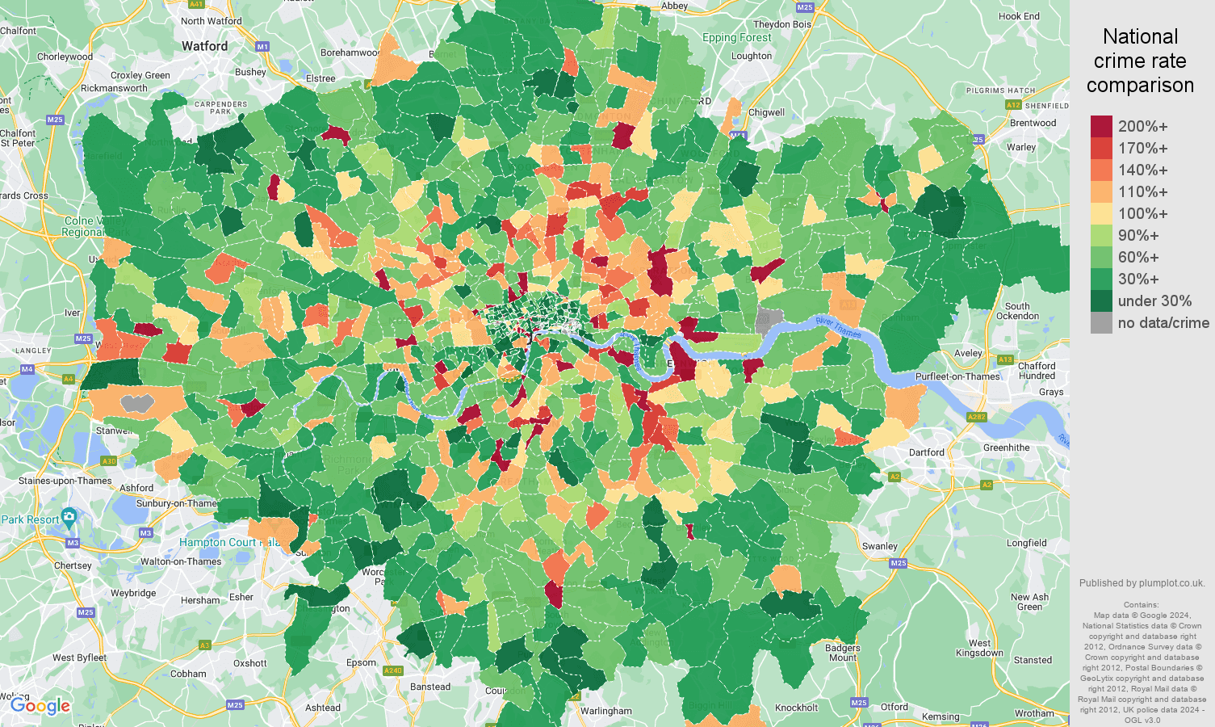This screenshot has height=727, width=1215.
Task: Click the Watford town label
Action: click(x=204, y=46)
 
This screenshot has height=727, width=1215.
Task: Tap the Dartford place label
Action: click(x=926, y=452)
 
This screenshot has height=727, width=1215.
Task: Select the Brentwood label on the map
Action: click(x=1033, y=123)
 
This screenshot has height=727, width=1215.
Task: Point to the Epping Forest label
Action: click(x=736, y=37)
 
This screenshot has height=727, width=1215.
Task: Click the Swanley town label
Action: click(x=879, y=546)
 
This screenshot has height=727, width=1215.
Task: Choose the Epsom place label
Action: click(x=361, y=662)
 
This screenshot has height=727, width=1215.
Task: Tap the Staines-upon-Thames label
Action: click(x=65, y=481)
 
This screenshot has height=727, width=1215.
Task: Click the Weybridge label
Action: click(x=133, y=593)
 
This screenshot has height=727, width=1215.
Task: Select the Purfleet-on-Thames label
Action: click(x=957, y=376)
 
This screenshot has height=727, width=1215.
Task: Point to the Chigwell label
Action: click(x=766, y=112)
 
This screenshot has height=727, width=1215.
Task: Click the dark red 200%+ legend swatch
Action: click(x=1101, y=126)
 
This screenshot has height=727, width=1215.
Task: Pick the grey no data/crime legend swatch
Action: click(x=1101, y=323)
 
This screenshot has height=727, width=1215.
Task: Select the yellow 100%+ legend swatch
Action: click(x=1101, y=213)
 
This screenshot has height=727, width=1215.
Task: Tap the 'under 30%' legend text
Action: click(x=1154, y=300)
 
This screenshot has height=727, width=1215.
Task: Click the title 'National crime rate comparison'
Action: click(x=1140, y=61)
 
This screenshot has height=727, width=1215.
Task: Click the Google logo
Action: click(x=40, y=706)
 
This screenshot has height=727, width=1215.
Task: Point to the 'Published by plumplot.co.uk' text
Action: click(x=1142, y=582)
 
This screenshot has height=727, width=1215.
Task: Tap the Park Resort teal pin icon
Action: click(x=69, y=516)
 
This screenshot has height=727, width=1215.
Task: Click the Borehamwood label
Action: click(x=350, y=53)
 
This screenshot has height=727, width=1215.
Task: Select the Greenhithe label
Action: click(x=1006, y=448)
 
